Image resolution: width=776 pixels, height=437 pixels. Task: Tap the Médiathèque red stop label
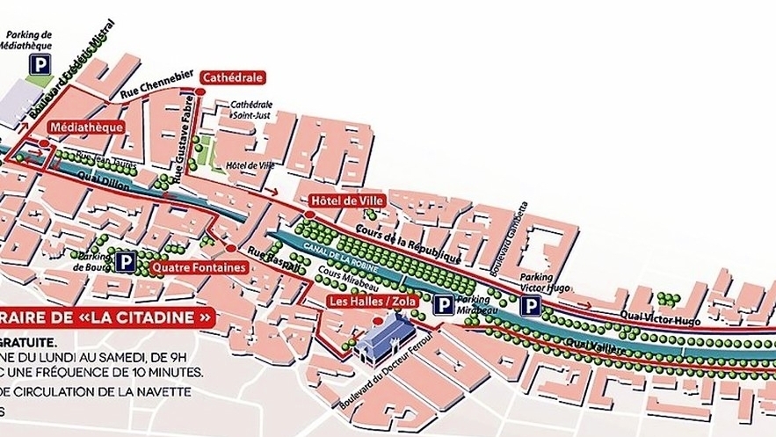(85, 127)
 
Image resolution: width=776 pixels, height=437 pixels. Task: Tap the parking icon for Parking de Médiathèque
(40, 63)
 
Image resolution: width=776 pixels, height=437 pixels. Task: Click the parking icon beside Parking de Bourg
(126, 261)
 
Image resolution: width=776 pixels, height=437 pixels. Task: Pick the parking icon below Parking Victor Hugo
(530, 305)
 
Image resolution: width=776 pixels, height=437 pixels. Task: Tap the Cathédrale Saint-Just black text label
(251, 106)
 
